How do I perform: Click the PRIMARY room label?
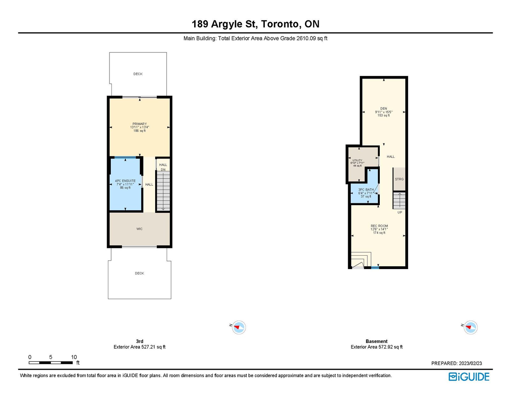pos(140,124)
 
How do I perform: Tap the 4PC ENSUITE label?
pos(125,181)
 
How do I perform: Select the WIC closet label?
pos(140,229)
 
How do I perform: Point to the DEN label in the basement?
pos(384,108)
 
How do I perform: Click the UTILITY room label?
pos(357,160)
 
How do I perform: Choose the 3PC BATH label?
pos(366,190)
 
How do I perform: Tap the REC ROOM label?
pos(379,226)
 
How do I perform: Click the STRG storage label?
pos(399,179)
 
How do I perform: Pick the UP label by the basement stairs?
pos(400,212)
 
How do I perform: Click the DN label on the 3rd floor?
pos(163,169)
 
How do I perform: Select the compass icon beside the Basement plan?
pos(470,327)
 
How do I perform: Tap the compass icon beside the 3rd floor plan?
pos(239,327)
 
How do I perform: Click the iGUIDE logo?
pos(469,377)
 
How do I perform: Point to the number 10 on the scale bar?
pos(74,357)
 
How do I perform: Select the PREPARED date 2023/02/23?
pos(470,363)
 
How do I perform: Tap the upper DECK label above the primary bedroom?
pos(138,74)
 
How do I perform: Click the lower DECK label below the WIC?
pos(140,273)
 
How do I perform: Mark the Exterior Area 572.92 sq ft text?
pos(377,347)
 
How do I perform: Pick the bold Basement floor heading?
pos(377,341)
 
